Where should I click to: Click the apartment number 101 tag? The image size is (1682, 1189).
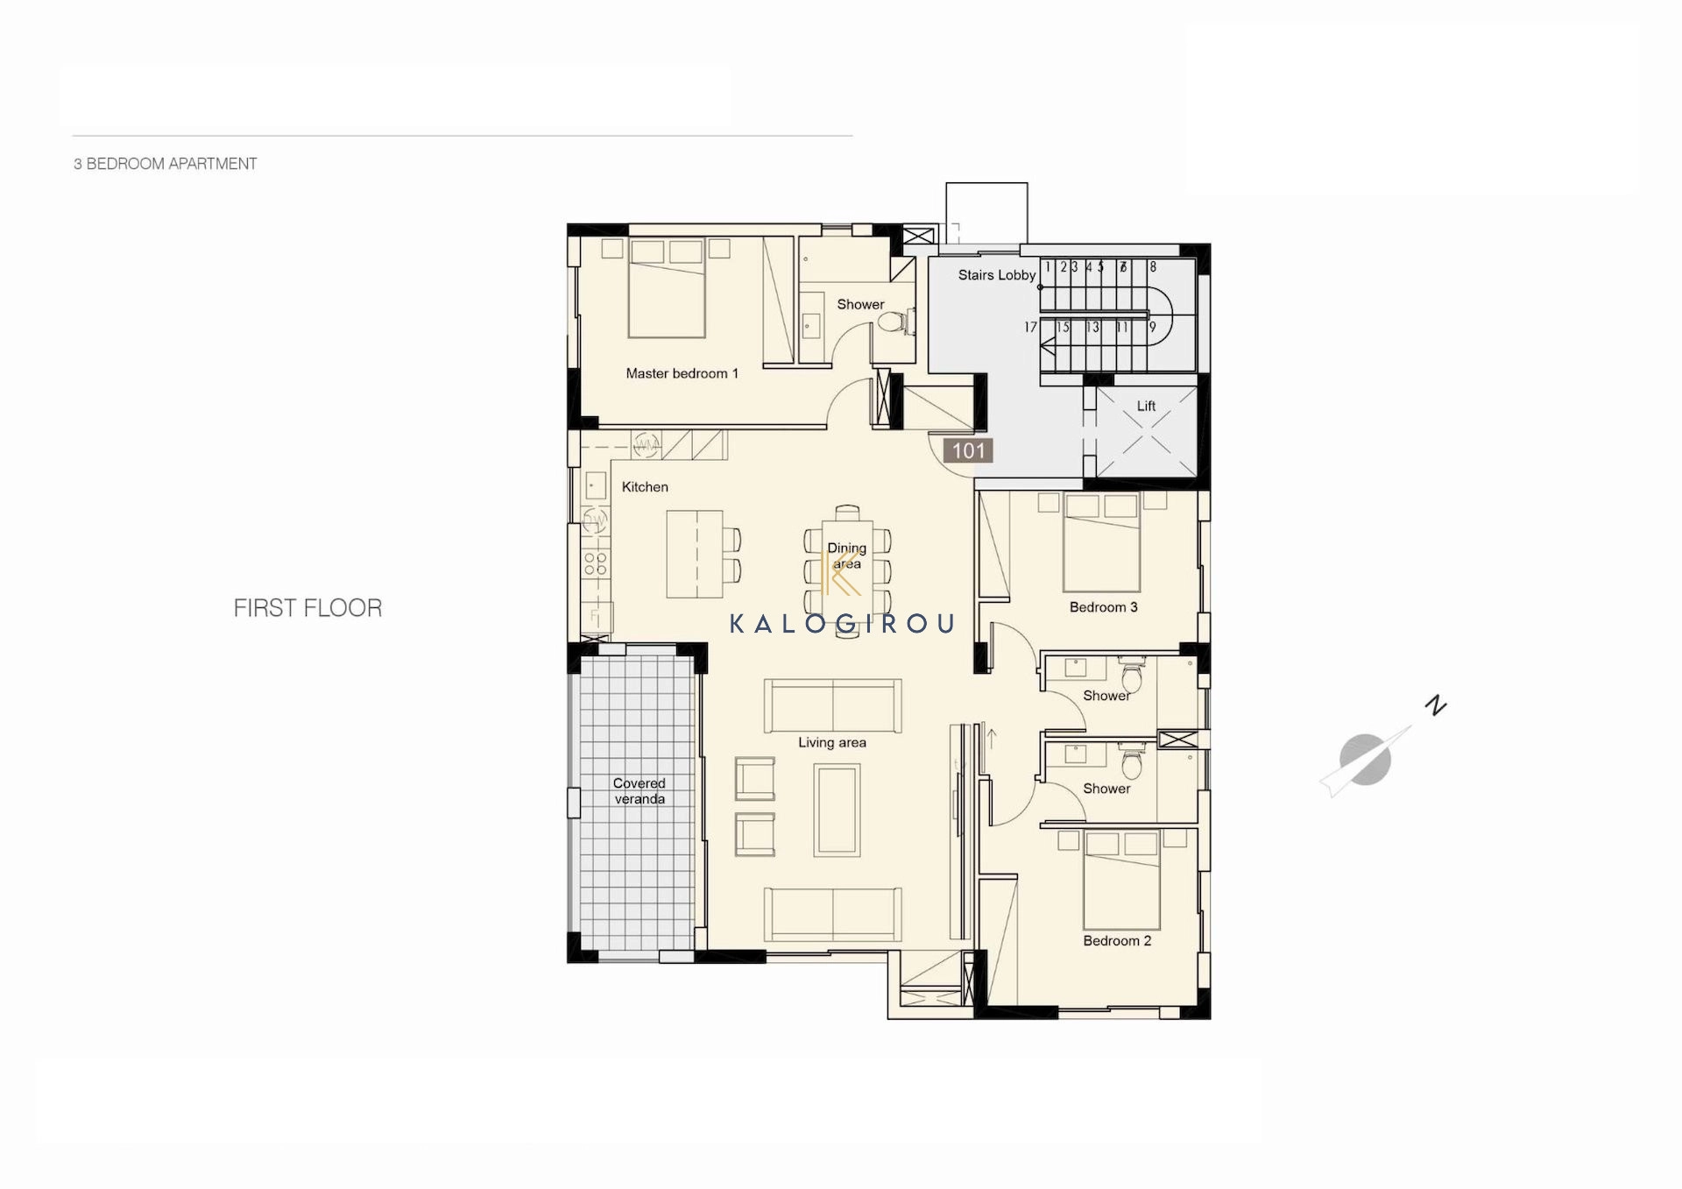(968, 450)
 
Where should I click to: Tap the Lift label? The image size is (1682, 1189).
(1146, 406)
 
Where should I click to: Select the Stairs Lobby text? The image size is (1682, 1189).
(997, 275)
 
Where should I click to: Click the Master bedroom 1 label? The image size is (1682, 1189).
(682, 373)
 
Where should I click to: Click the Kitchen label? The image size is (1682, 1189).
(645, 487)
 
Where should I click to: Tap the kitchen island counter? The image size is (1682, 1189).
(695, 554)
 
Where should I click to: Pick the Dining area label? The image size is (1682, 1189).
(847, 556)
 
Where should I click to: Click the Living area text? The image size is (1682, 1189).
(832, 742)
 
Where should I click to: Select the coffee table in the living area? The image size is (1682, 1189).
(837, 810)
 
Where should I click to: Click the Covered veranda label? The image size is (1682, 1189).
(640, 791)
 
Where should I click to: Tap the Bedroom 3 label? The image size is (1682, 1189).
(1104, 607)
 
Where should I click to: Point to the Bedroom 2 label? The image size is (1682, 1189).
(1117, 941)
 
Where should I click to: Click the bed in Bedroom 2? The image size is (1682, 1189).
(1122, 880)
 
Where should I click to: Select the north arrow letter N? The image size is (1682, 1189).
(1436, 704)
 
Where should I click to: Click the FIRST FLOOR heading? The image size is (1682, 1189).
(307, 608)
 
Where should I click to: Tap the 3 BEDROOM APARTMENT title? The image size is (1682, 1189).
(165, 164)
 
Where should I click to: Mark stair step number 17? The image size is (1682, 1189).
(1030, 328)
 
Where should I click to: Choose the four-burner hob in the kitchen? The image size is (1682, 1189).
(596, 563)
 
